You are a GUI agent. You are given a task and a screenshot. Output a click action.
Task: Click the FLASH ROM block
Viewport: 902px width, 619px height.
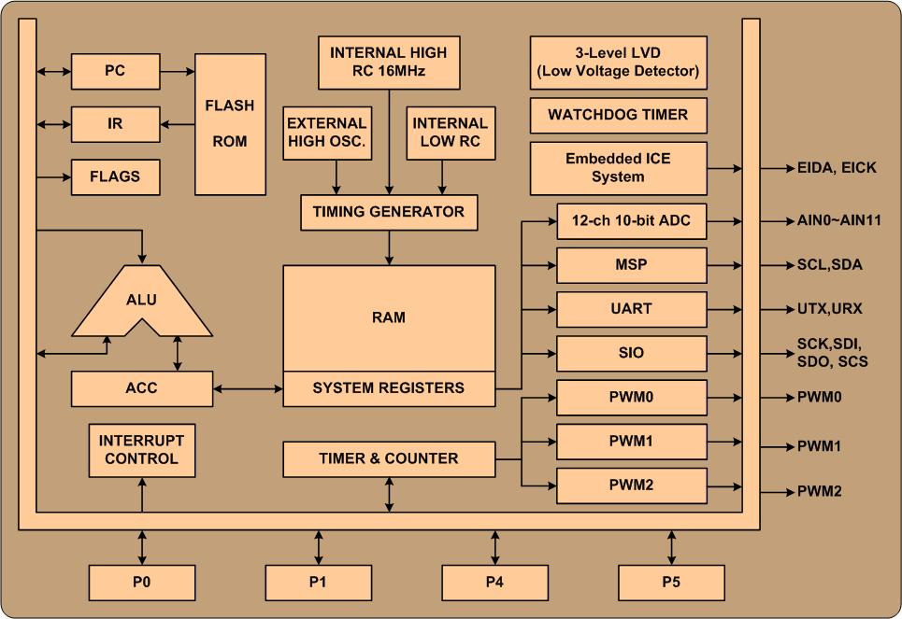click(229, 123)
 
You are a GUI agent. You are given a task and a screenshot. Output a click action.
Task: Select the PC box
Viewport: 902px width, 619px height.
click(115, 70)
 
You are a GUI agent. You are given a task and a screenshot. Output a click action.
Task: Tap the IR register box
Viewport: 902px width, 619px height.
click(115, 123)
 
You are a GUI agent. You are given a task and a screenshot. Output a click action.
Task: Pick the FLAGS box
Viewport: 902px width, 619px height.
click(115, 176)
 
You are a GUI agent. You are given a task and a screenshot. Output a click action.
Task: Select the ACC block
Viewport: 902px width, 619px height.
click(141, 387)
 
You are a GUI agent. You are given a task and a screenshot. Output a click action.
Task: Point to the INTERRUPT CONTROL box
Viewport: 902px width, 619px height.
click(142, 450)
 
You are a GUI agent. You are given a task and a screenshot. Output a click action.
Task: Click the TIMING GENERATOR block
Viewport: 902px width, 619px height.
click(389, 212)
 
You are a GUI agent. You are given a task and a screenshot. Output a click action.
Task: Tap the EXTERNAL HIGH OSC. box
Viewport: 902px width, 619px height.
click(326, 133)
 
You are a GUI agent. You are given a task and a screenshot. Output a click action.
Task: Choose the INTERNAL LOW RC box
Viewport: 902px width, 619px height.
click(450, 133)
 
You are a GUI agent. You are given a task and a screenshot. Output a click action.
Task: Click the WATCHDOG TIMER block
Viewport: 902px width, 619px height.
click(618, 116)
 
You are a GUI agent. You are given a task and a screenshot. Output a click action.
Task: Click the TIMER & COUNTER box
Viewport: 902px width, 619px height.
click(389, 458)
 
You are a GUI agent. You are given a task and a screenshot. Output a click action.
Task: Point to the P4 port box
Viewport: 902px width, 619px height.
click(494, 583)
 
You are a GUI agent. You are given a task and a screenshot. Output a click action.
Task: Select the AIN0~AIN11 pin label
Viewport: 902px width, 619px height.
click(833, 221)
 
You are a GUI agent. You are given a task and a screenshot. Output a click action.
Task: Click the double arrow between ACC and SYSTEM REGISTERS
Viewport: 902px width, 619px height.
click(248, 387)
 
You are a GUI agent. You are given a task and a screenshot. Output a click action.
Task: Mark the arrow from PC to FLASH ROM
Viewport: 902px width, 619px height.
click(178, 70)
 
